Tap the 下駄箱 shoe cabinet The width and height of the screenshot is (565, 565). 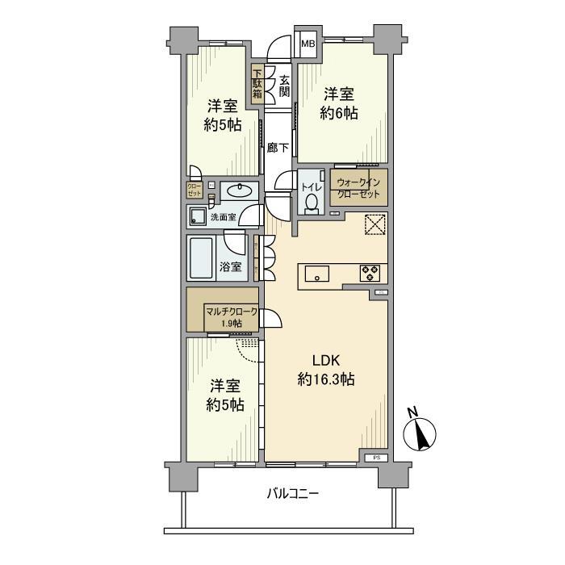click(x=257, y=84)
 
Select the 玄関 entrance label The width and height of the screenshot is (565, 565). click(x=284, y=86)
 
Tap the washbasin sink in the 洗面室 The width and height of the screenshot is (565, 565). click(x=236, y=191)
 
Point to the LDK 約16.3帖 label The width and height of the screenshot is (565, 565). click(x=326, y=370)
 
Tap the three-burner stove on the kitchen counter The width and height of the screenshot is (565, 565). click(x=369, y=273)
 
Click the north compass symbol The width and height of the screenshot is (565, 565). click(x=422, y=433)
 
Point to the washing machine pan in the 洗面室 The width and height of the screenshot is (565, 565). click(x=197, y=216)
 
